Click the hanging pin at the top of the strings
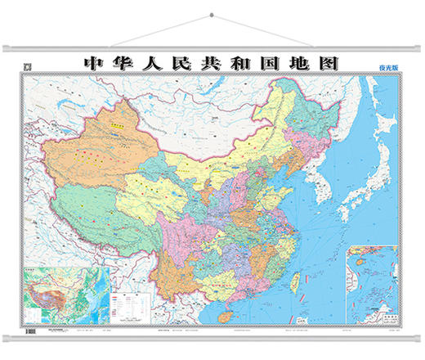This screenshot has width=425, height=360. [x=212, y=14]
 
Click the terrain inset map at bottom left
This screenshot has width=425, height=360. [x=59, y=293]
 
